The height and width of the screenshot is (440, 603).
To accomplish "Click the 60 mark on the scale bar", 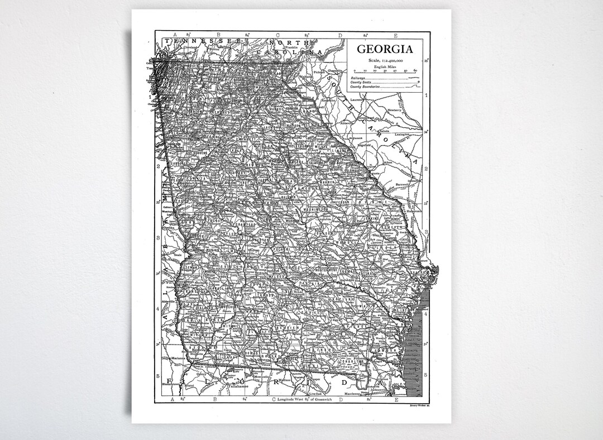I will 415,71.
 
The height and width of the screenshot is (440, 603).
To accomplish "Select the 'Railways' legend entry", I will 358,78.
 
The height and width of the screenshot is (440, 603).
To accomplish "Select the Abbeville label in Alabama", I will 168,301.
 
